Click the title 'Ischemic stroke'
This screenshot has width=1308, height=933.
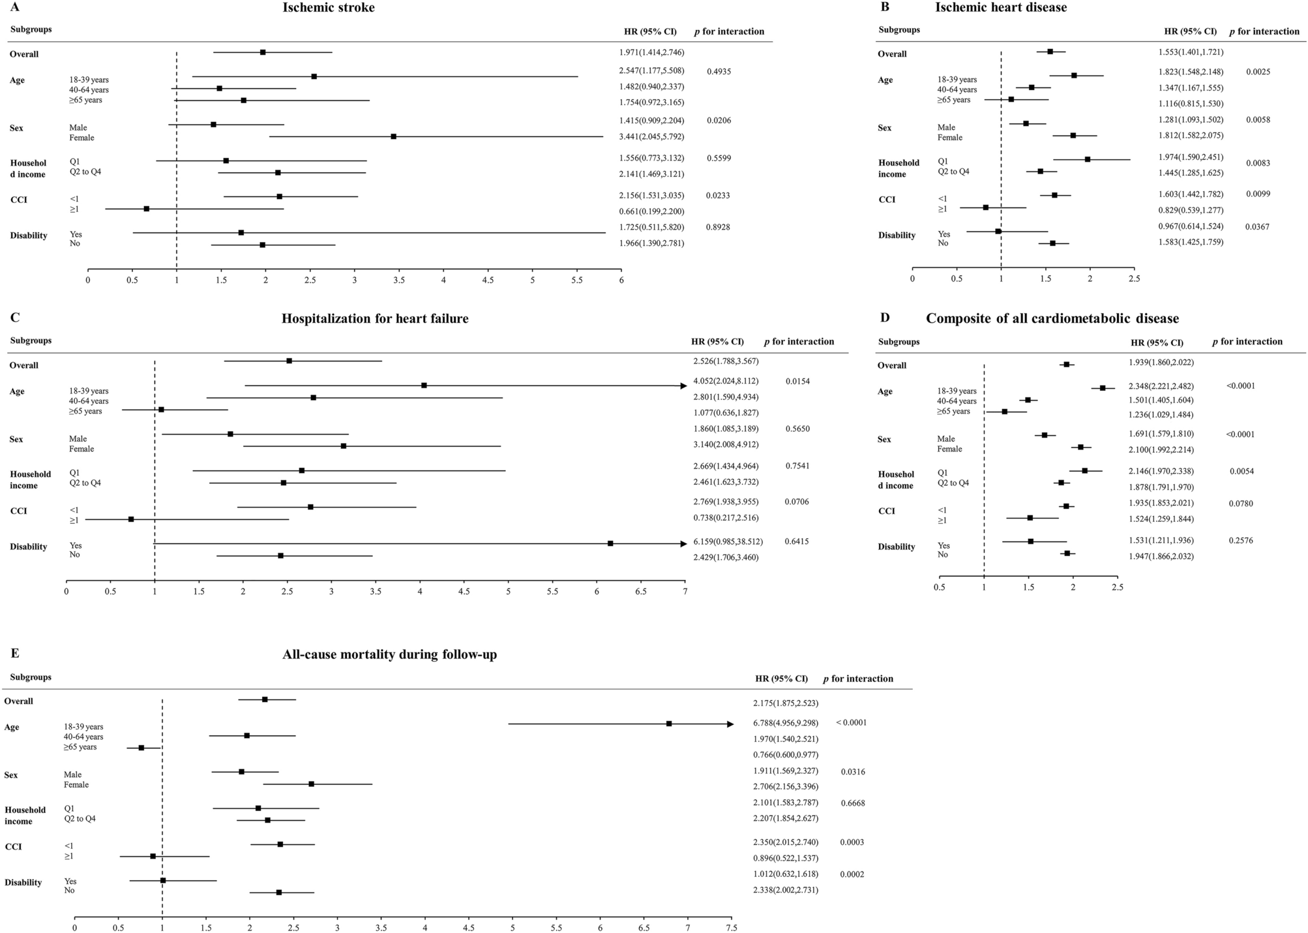329,8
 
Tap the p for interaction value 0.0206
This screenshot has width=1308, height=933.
719,121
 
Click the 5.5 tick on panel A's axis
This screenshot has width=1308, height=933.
577,280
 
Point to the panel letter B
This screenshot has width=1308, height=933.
884,7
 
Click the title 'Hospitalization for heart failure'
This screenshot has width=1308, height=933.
375,319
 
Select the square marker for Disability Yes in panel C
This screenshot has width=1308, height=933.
610,543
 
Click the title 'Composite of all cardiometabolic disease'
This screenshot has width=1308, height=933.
1052,319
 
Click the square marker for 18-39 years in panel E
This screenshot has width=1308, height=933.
669,724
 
